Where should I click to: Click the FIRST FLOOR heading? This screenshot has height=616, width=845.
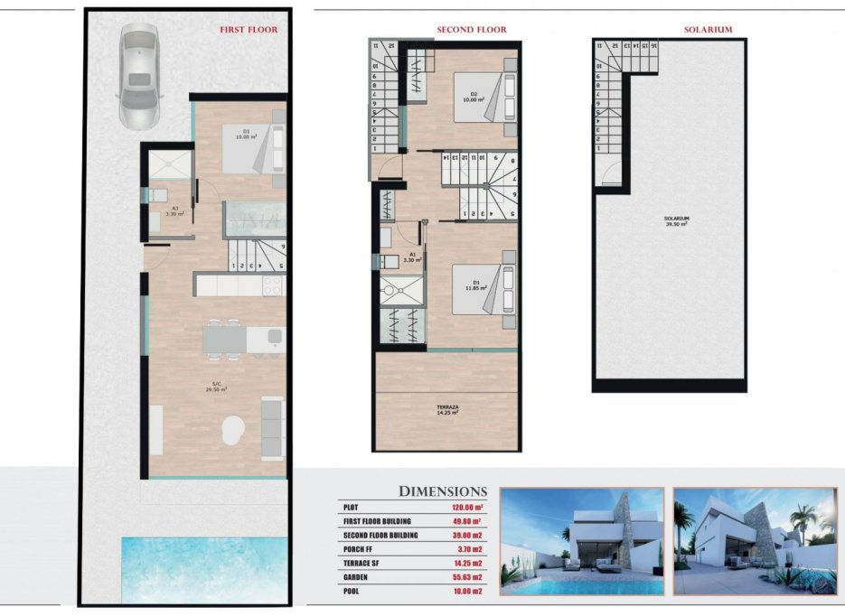[249, 30]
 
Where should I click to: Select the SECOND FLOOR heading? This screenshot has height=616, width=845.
[471, 30]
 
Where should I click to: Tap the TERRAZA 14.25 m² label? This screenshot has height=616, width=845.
[446, 410]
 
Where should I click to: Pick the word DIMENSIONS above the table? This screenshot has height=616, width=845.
[443, 491]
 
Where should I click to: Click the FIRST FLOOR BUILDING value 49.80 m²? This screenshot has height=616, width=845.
[466, 522]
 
